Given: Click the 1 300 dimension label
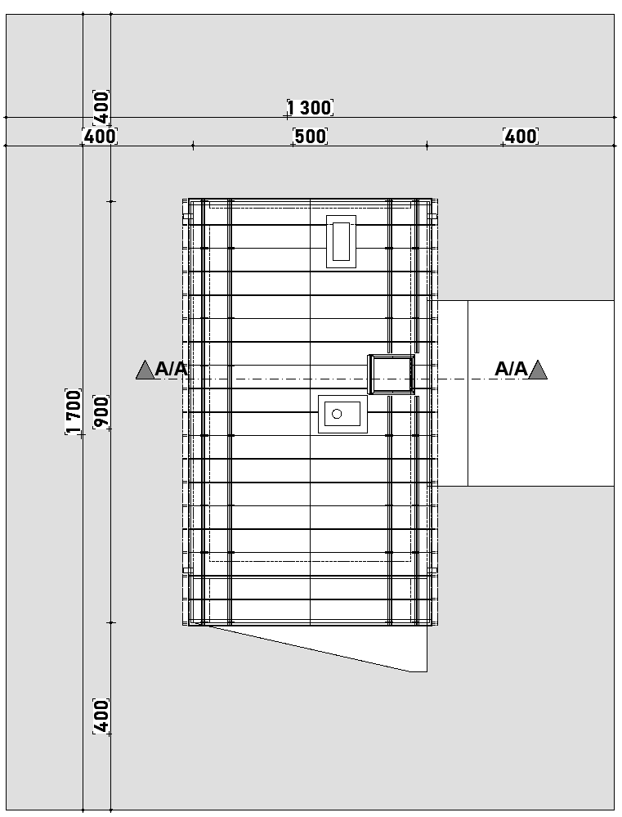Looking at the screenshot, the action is click(310, 108).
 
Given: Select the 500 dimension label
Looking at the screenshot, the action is click(311, 137).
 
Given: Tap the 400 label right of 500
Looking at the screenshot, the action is click(521, 137).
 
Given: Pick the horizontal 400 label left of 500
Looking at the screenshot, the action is click(100, 137).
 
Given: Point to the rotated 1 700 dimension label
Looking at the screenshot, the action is click(74, 411).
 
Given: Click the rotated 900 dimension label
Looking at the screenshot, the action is click(101, 413).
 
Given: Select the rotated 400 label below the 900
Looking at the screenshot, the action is click(101, 716).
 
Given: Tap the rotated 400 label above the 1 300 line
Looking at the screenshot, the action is click(101, 108).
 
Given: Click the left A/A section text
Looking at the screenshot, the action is click(171, 369).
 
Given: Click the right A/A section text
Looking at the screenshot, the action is click(511, 369).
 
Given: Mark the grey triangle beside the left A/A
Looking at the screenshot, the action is click(145, 370).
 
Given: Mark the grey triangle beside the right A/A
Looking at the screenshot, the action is click(538, 370).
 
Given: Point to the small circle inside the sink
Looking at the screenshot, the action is click(337, 414).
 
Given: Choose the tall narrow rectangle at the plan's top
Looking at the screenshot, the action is click(341, 241).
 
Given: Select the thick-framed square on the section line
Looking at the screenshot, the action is click(392, 374).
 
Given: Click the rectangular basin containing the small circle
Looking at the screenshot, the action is click(342, 414).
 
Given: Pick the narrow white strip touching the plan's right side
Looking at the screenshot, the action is click(452, 393).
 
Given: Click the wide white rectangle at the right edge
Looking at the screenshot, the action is click(541, 393).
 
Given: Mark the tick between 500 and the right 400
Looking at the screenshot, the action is click(427, 146).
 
